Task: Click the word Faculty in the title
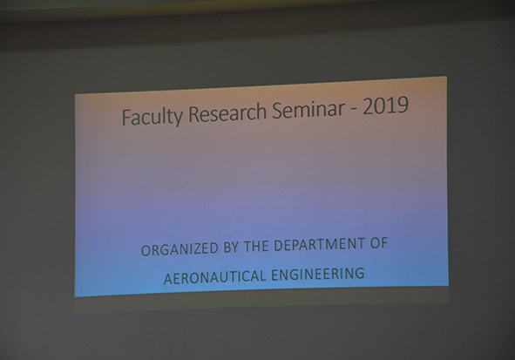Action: tap(152, 117)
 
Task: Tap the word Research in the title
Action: tap(227, 112)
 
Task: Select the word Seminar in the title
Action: tap(308, 109)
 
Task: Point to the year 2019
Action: tap(385, 105)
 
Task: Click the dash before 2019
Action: tap(354, 109)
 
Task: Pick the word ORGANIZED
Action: tap(180, 249)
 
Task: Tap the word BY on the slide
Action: tap(231, 248)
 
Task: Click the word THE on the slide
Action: tap(256, 247)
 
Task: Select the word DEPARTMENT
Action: tap(319, 244)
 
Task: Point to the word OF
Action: tap(379, 243)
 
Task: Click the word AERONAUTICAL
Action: tap(214, 277)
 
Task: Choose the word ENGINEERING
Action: tap(317, 275)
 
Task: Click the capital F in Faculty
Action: tap(126, 117)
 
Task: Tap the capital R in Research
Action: tap(193, 114)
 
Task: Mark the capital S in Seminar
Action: tap(277, 111)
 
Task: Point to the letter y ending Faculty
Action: tap(178, 119)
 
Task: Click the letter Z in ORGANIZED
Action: tap(193, 249)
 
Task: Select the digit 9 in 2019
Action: tap(403, 105)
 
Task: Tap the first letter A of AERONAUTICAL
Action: tap(168, 279)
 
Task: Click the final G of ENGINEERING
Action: tap(360, 274)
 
